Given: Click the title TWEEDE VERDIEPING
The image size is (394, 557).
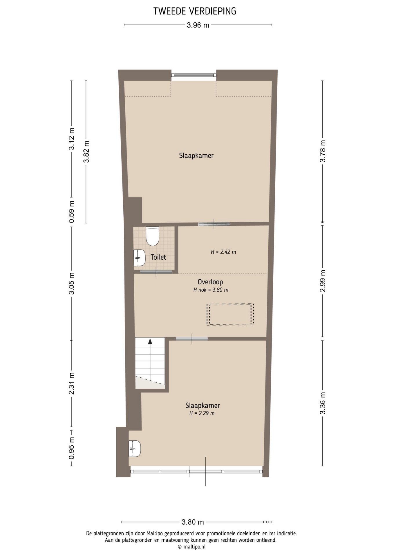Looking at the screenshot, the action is (195, 11).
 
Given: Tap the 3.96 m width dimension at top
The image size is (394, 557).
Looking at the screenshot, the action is (198, 25).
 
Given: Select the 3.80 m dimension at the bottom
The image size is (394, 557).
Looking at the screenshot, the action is (193, 522).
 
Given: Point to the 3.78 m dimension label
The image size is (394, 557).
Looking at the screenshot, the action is (323, 151).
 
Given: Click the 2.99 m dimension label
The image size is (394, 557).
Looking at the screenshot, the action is (323, 281).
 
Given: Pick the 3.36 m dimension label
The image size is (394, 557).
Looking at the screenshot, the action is (323, 403).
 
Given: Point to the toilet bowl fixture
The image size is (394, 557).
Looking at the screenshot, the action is (152, 236).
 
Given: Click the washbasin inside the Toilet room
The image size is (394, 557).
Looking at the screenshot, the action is (139, 258).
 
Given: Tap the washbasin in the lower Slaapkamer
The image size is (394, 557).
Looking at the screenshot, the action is (135, 449).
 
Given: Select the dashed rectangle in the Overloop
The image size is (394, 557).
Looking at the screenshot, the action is (230, 314).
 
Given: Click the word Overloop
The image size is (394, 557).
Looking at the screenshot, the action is (210, 282).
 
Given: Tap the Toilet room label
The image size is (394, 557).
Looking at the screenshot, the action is (158, 257).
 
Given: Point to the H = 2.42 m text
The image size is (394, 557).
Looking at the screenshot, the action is (223, 252).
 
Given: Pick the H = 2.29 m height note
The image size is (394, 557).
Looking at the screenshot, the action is (202, 413).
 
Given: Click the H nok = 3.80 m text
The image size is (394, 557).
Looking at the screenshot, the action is (211, 290).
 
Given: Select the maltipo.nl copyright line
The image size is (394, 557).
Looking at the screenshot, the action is (191, 547).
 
